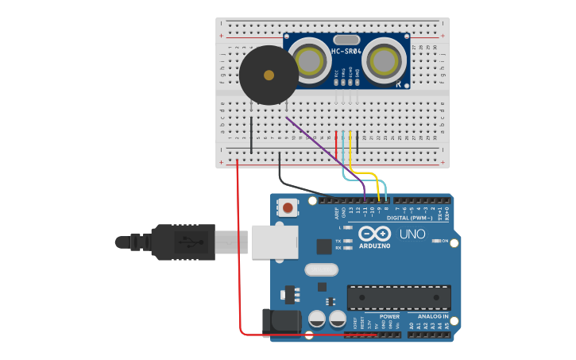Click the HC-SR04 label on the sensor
pyautogui.click(x=346, y=52)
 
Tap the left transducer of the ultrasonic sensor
pyautogui.click(x=308, y=60)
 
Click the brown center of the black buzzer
pyautogui.click(x=269, y=75)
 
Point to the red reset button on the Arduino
pyautogui.click(x=287, y=208)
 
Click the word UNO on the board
pyautogui.click(x=412, y=234)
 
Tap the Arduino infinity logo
pyautogui.click(x=374, y=234)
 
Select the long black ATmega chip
pyautogui.click(x=398, y=297)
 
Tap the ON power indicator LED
pyautogui.click(x=435, y=241)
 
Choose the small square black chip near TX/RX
pyautogui.click(x=323, y=246)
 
